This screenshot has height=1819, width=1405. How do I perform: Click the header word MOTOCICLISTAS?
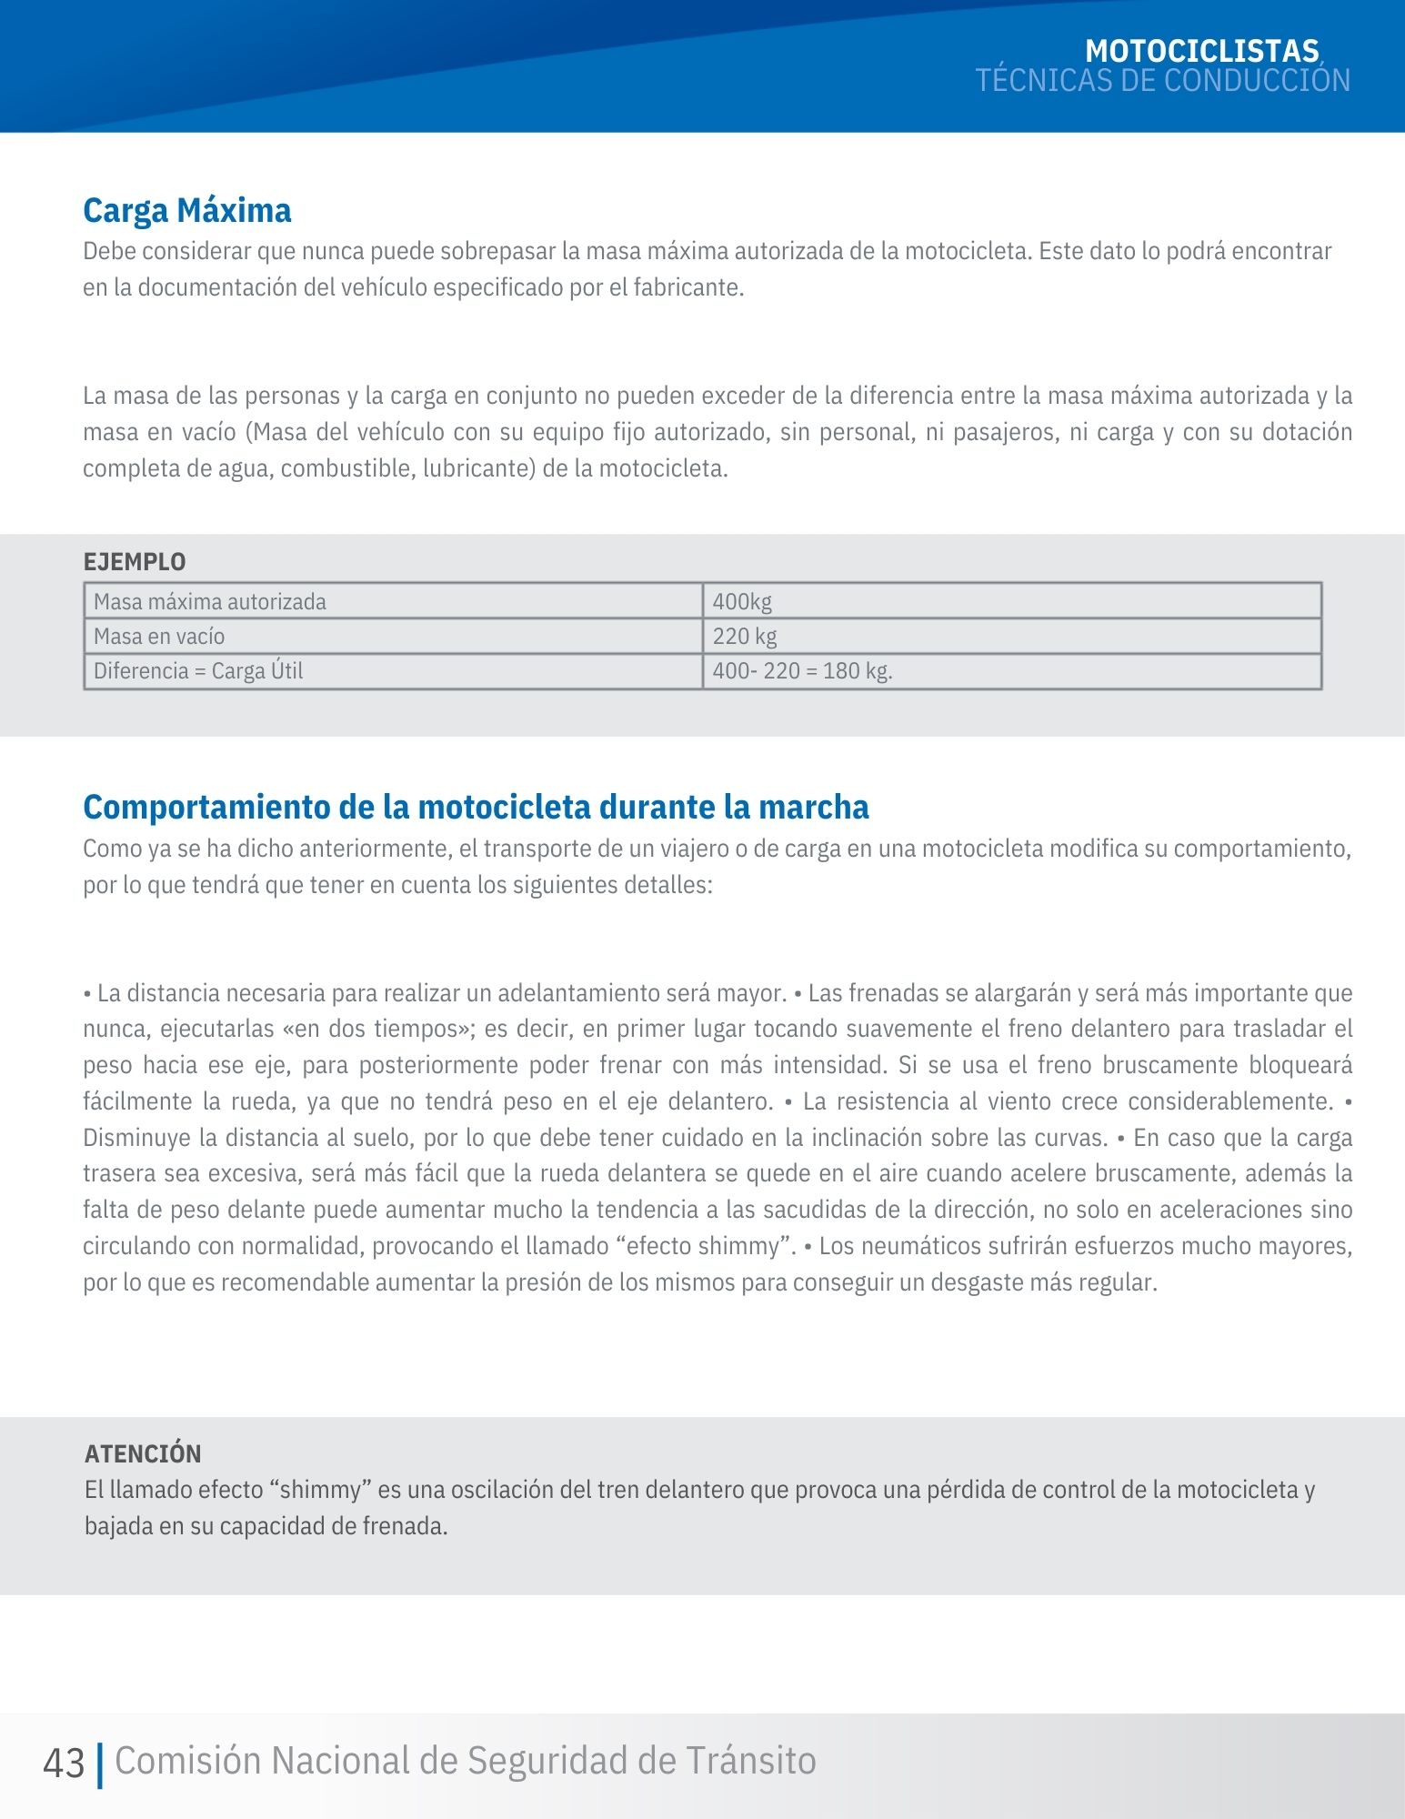[1201, 51]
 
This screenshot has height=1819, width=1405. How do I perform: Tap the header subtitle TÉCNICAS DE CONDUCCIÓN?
[1162, 81]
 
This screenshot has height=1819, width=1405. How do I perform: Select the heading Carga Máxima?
[186, 211]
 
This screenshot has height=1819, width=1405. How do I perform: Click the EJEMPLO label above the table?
[135, 562]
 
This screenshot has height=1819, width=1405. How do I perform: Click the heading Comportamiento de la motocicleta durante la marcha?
[476, 808]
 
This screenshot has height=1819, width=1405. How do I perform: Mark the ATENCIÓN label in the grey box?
[143, 1453]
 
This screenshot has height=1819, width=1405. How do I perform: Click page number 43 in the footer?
[64, 1764]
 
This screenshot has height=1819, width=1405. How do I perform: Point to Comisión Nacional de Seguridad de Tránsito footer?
[466, 1762]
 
